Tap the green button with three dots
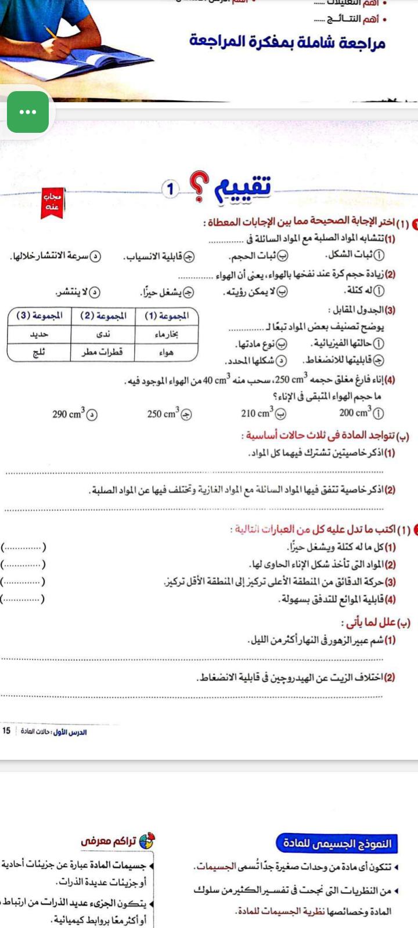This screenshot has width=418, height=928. [28, 112]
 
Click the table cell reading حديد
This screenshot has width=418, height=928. [39, 335]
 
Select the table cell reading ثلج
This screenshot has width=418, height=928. [39, 352]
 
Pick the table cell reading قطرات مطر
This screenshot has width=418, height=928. [103, 352]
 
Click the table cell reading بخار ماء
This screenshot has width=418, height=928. [167, 335]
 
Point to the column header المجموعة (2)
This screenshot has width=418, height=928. [103, 316]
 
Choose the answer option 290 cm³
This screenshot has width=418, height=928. [75, 414]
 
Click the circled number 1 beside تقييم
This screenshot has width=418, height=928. [170, 189]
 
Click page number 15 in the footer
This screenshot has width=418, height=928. [6, 731]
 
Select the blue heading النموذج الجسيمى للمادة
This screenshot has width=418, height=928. [337, 843]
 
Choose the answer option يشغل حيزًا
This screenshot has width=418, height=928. [167, 292]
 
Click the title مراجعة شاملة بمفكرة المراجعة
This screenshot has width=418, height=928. [287, 42]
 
